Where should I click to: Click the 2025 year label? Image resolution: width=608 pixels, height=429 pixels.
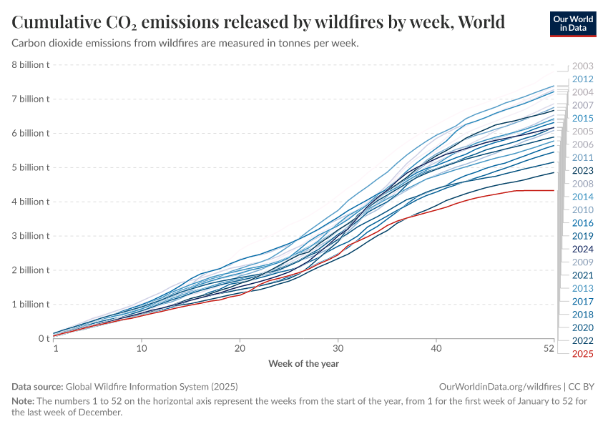click(583, 354)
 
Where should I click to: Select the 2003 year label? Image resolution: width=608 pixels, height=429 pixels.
click(583, 66)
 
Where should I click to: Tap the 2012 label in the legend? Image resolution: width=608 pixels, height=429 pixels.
click(583, 79)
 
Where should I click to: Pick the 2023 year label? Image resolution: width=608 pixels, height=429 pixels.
click(583, 171)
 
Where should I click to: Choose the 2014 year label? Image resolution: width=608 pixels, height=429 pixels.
click(583, 197)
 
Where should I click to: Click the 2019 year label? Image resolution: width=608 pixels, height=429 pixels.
click(583, 236)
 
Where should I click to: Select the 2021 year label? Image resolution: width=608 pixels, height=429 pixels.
click(583, 275)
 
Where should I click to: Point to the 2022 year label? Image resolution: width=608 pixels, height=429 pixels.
click(583, 340)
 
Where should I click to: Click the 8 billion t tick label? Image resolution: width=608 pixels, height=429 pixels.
click(30, 65)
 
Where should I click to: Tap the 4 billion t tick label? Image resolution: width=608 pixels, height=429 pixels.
click(30, 202)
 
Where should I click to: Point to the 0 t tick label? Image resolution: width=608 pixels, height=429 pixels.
click(43, 338)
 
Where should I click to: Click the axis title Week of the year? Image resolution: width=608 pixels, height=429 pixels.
click(303, 363)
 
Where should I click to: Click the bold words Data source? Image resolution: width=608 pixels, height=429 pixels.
click(37, 386)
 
